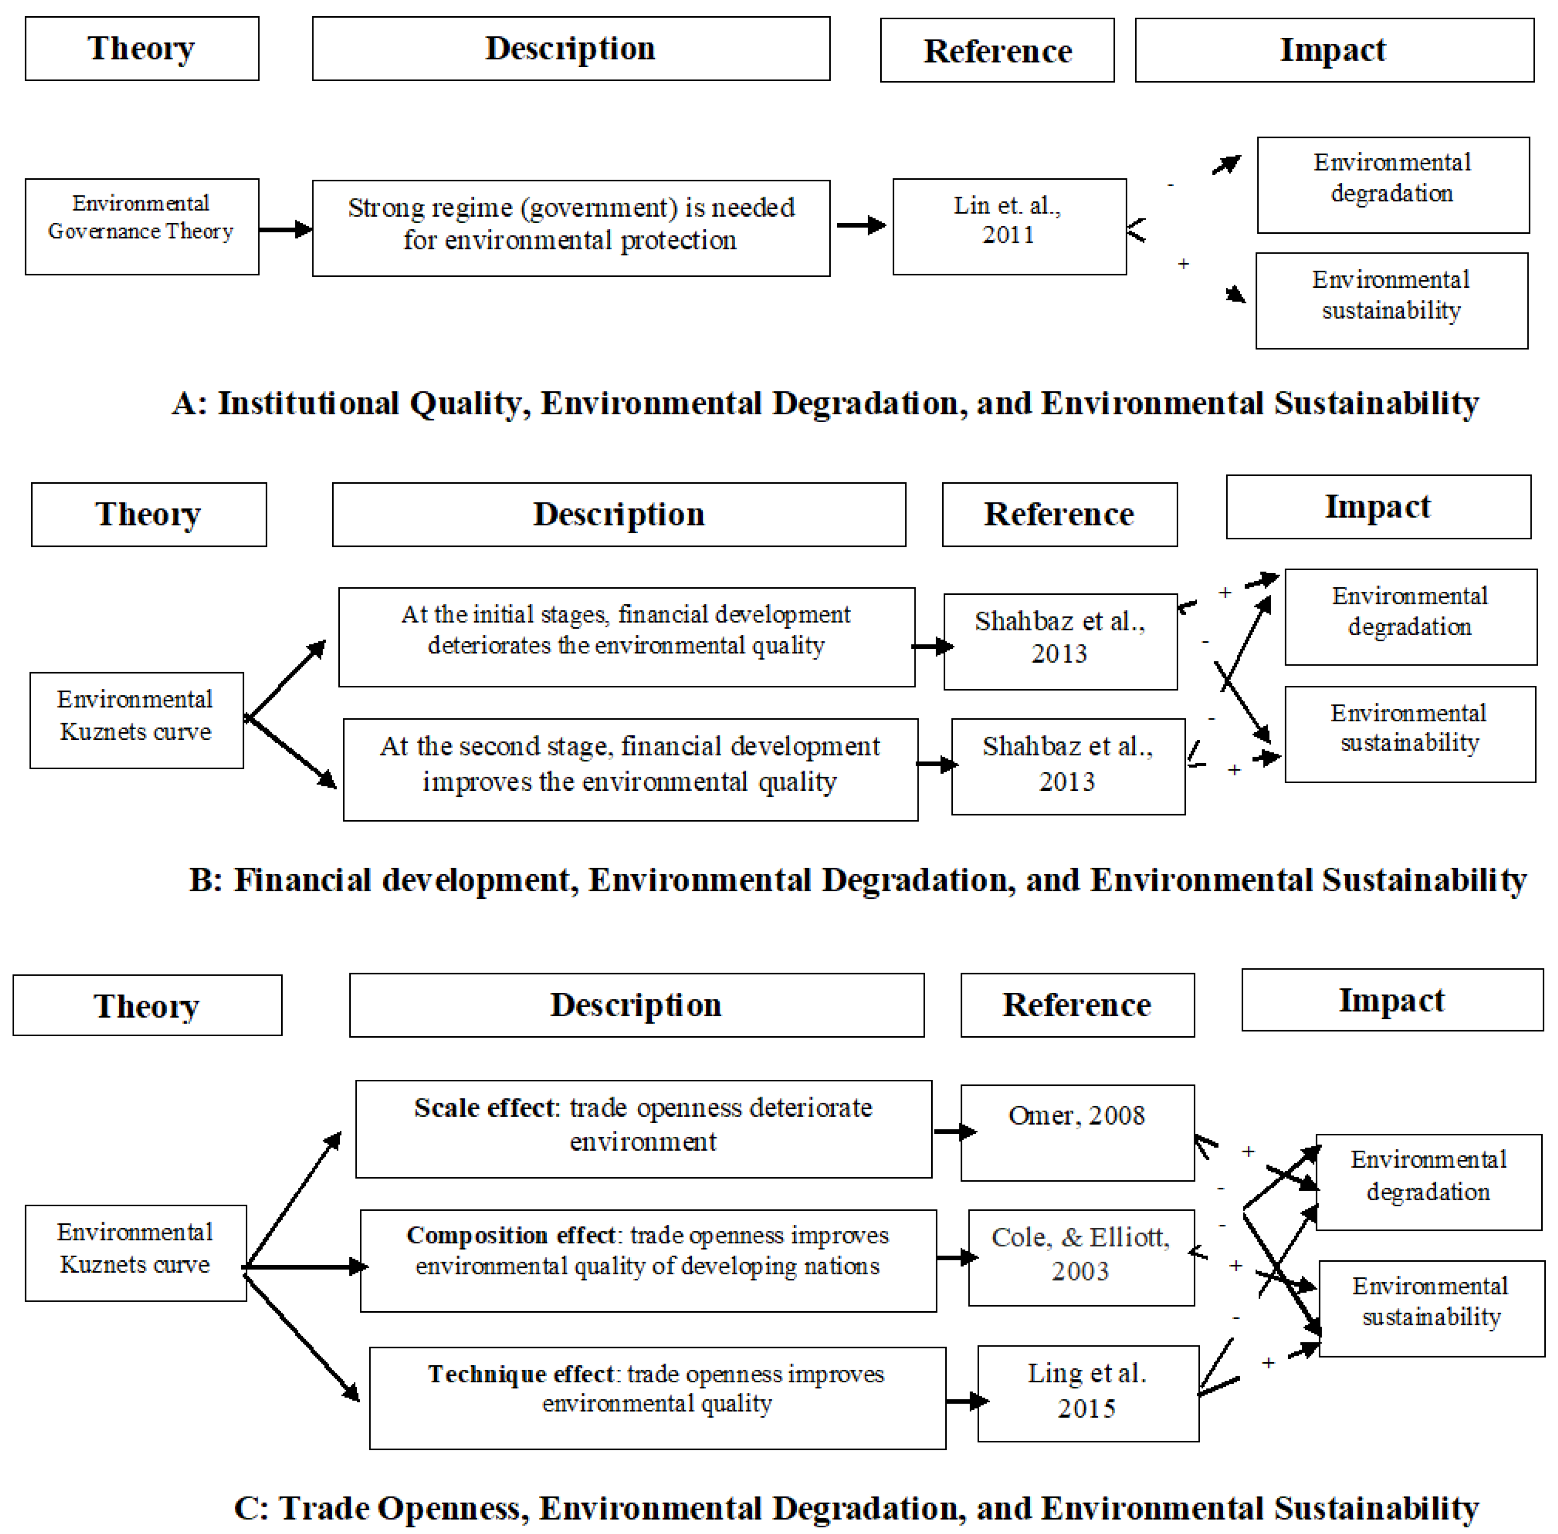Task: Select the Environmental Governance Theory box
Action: (142, 226)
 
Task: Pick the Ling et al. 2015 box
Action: (1087, 1393)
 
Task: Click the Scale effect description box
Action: (643, 1128)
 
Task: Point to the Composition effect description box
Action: (647, 1260)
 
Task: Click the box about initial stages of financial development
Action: (626, 637)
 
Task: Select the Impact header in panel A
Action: (1334, 50)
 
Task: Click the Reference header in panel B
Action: (1059, 514)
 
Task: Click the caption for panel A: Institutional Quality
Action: (824, 403)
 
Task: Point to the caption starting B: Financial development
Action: (857, 880)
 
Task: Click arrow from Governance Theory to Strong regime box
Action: (285, 230)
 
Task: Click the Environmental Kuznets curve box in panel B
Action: (136, 720)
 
